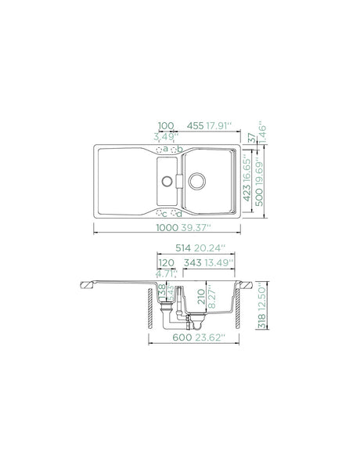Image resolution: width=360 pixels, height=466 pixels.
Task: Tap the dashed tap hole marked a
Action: pos(160,150)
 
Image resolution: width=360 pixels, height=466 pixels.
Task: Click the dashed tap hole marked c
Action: pos(160,212)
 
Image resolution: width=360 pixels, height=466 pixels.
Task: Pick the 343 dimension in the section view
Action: pos(192,262)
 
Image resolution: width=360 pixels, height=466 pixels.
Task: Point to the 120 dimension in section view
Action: pos(166,262)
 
